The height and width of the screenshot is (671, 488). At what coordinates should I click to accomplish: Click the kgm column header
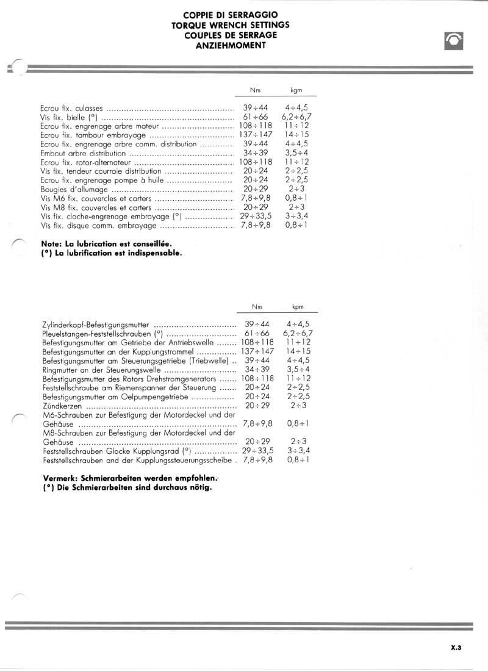[x=296, y=90]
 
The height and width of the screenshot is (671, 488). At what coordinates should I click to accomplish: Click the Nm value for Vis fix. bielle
[x=256, y=117]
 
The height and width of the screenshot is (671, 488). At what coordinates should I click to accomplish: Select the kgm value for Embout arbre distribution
[x=296, y=153]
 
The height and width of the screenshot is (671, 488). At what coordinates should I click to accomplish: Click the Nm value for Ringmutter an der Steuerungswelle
[x=256, y=370]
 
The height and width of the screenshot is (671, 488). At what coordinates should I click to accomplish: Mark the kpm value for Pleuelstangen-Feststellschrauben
[x=298, y=334]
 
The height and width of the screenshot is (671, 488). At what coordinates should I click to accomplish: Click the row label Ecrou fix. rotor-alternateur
[x=84, y=162]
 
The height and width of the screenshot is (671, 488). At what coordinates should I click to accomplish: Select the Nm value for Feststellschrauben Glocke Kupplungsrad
[x=257, y=451]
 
